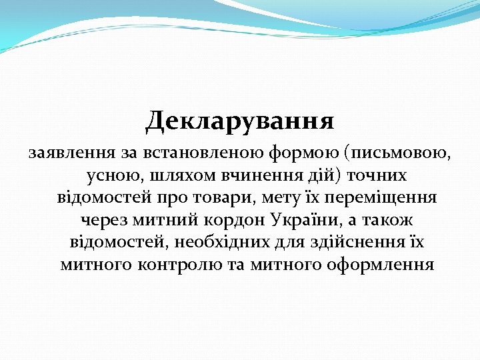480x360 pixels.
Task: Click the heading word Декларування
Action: tap(240, 121)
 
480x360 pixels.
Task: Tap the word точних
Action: tap(377, 176)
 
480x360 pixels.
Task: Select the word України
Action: tap(307, 220)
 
